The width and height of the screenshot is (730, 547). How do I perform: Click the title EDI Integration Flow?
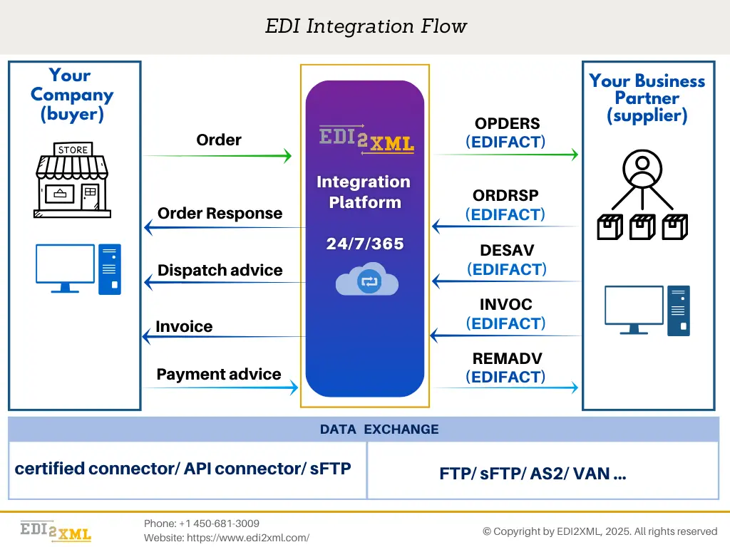pos(366,27)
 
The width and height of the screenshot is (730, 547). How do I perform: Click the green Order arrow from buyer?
pos(217,155)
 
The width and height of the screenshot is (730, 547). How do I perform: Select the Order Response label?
pos(220,213)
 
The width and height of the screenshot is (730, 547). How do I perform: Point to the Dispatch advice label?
pos(220,270)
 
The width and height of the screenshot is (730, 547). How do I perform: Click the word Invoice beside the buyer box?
pos(184,326)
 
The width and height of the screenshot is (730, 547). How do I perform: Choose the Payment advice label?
pos(218,374)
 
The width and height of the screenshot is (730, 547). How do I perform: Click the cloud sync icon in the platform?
pos(367,280)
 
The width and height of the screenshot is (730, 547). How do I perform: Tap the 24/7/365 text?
pos(365,244)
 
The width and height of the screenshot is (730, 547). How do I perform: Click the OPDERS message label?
pos(507,124)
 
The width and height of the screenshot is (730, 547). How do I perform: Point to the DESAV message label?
pos(507,251)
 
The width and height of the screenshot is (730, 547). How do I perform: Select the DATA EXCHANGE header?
pos(379,429)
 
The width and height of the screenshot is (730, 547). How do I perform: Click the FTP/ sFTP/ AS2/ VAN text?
pos(533,474)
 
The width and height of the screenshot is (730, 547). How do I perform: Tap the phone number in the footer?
pos(202,523)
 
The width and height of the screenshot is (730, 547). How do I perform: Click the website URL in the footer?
pos(227,538)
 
